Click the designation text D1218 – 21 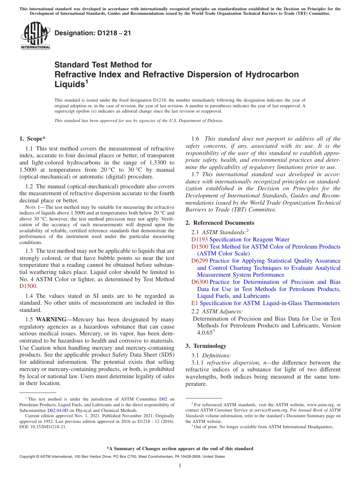point(93,33)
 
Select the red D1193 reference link point(199,239)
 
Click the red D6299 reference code point(199,261)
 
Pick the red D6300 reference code point(199,282)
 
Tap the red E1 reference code point(195,303)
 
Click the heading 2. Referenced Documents point(220,223)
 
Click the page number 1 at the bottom point(180,465)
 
